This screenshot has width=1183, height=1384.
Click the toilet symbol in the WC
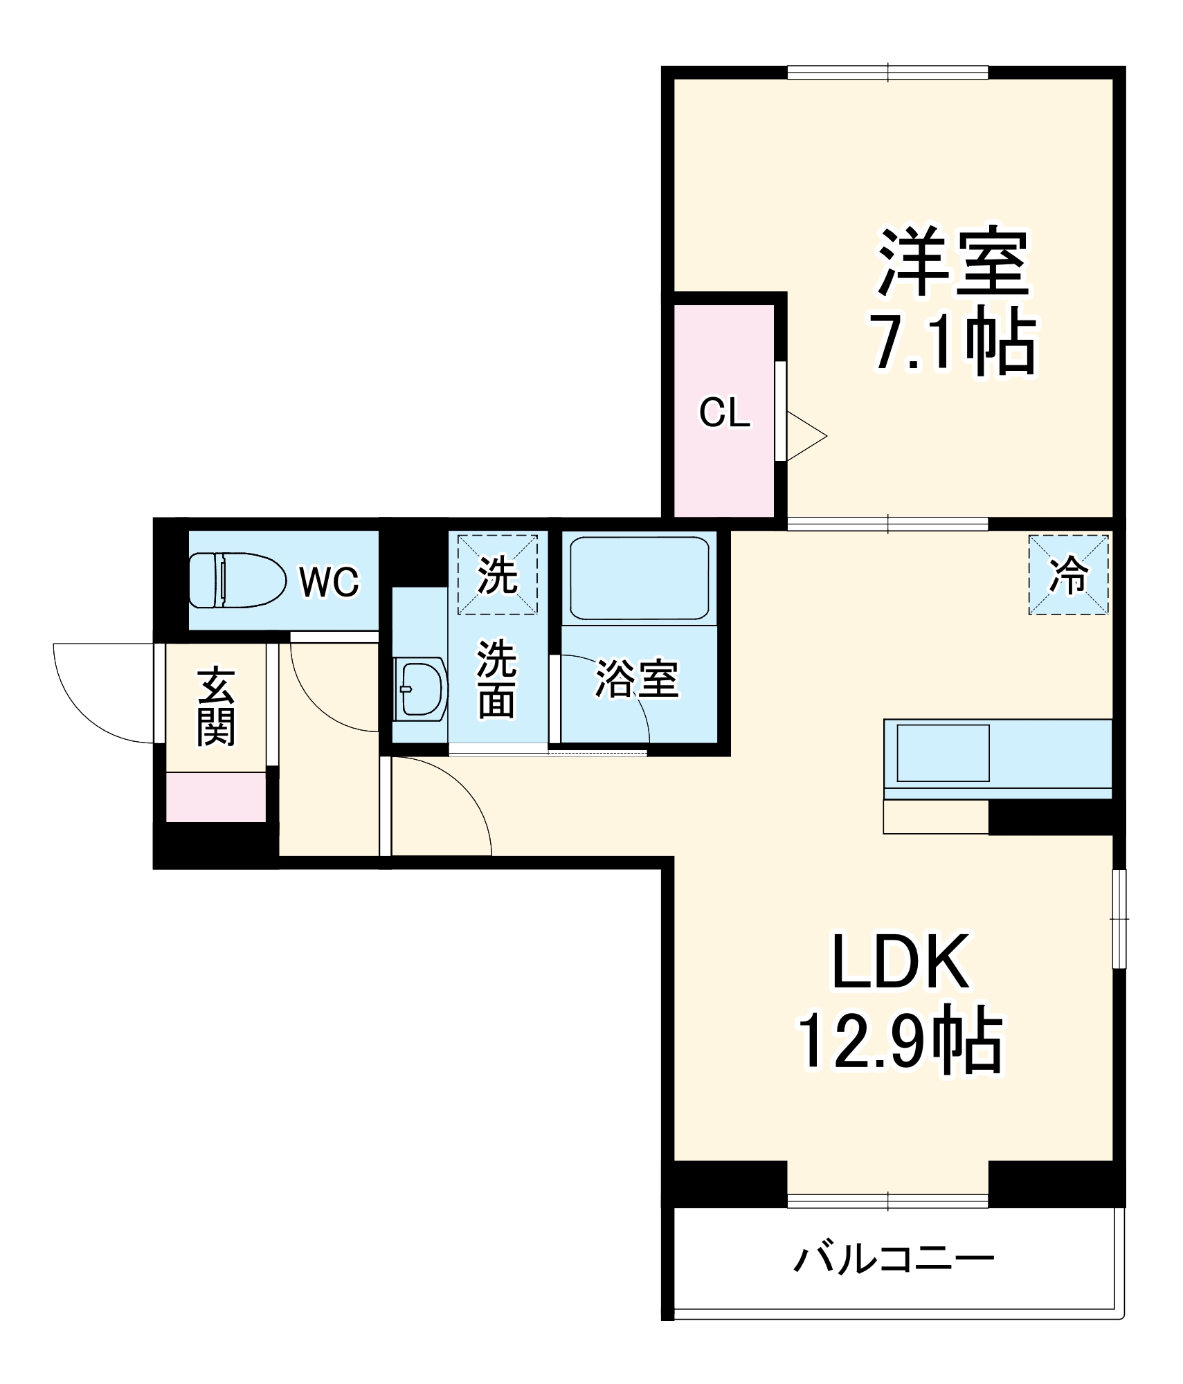point(237,579)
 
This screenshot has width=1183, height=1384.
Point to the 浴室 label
point(637,679)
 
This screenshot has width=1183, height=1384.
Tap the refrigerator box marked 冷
point(1068,574)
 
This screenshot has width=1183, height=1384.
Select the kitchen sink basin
point(943,753)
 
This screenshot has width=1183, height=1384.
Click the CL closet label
point(724,413)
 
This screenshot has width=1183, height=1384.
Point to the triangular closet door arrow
point(805,436)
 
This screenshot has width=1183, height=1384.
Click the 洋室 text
point(954,262)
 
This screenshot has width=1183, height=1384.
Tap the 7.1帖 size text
point(954,344)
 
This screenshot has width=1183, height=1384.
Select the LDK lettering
point(900,963)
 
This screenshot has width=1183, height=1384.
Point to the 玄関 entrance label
point(216,706)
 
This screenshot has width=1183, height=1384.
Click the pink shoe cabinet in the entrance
point(216,797)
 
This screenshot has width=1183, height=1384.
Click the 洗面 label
point(497,679)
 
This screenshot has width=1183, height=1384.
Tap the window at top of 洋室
point(887,72)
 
